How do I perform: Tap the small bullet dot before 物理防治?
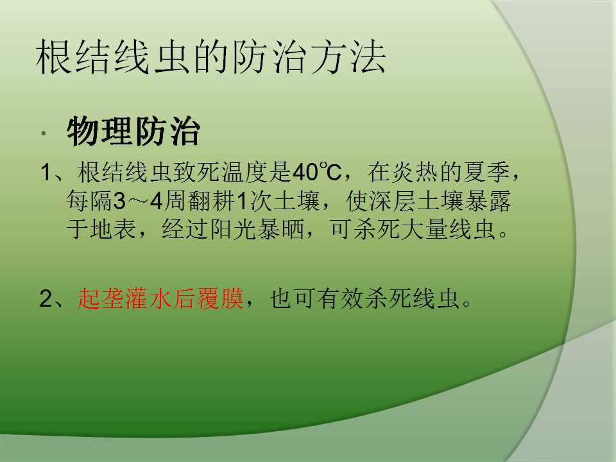[x=44, y=133]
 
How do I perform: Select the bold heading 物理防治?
[x=133, y=132]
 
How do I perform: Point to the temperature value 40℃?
[x=317, y=172]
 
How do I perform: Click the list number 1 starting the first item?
[x=46, y=173]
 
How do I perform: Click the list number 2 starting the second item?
[x=46, y=299]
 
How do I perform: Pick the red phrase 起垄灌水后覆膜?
[x=160, y=298]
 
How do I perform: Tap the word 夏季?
[x=487, y=172]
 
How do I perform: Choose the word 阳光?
[x=234, y=229]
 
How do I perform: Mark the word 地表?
[x=114, y=229]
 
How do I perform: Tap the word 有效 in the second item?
[x=341, y=298]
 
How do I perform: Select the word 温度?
[x=244, y=172]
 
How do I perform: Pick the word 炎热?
[x=415, y=172]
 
